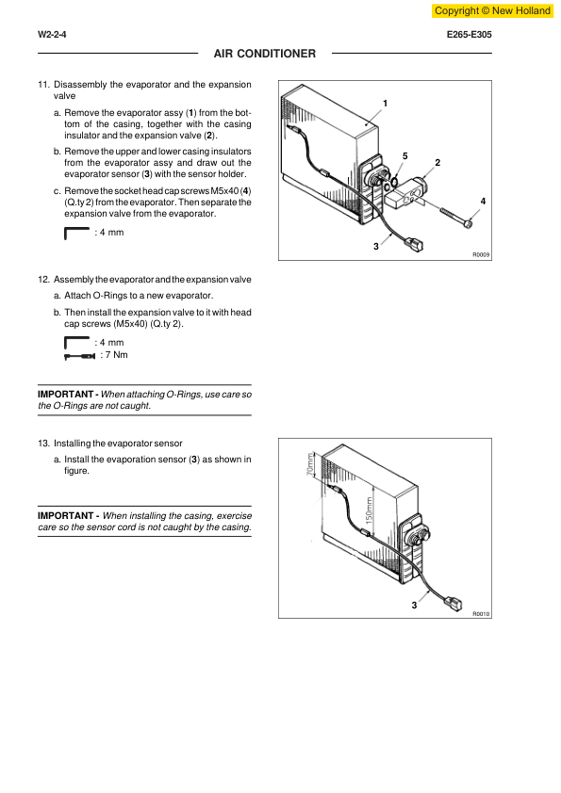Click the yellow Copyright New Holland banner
pos(493,10)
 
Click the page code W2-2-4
pos(52,35)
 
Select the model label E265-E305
pos(470,35)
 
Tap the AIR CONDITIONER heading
pos(264,54)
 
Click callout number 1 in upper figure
pos(386,104)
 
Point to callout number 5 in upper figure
pos(405,156)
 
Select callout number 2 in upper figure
pos(438,162)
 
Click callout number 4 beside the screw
pos(483,202)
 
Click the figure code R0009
pos(481,255)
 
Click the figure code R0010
pos(481,614)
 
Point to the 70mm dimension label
pos(310,463)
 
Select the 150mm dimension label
pos(369,510)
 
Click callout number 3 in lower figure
pos(414,605)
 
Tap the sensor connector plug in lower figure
pos(453,603)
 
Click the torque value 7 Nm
pos(114,355)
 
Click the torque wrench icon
pos(79,357)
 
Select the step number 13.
pos(43,444)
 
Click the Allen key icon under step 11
pos(76,234)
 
